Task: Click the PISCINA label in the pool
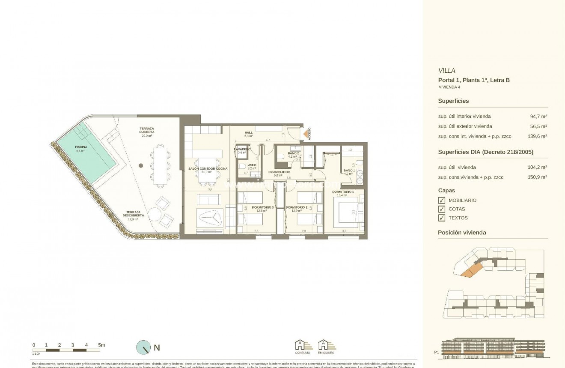pyautogui.click(x=81, y=147)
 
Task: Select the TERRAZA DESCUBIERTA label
pyautogui.click(x=133, y=214)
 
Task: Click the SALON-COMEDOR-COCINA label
pyautogui.click(x=208, y=169)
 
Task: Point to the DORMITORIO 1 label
pyautogui.click(x=343, y=192)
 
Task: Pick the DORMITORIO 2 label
pyautogui.click(x=297, y=207)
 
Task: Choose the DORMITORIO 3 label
pyautogui.click(x=263, y=207)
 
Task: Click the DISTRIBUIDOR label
pyautogui.click(x=279, y=172)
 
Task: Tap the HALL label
pyautogui.click(x=249, y=133)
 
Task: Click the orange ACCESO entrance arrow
pyautogui.click(x=305, y=135)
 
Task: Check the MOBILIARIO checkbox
pyautogui.click(x=442, y=200)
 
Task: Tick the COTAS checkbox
pyautogui.click(x=442, y=209)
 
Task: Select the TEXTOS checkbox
pyautogui.click(x=442, y=218)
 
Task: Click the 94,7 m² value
pyautogui.click(x=538, y=116)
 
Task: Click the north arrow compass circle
pyautogui.click(x=143, y=347)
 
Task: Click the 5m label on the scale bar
pyautogui.click(x=101, y=345)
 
